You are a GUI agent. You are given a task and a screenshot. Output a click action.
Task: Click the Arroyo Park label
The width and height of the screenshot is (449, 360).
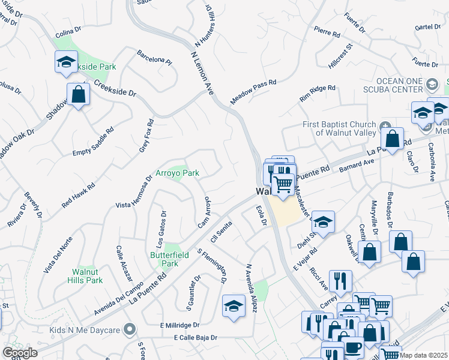tap(178, 173)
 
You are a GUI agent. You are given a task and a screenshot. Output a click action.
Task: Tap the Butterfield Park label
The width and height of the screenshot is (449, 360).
tap(164, 259)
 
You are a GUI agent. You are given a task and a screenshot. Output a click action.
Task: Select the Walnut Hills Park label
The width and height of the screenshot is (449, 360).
tap(83, 275)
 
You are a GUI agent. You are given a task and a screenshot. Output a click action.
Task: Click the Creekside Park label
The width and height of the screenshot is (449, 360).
tap(92, 67)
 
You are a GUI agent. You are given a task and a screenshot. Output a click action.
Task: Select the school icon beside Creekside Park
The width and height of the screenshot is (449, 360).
tap(66, 62)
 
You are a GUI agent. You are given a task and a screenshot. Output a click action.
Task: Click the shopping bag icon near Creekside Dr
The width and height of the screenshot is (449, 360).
tap(78, 94)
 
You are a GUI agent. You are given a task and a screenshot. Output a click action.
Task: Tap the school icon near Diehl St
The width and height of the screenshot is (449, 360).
tap(323, 222)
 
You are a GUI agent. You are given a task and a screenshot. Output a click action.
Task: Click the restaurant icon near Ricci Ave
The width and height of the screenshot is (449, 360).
tap(340, 280)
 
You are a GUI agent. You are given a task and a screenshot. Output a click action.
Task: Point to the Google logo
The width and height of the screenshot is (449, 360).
tap(20, 353)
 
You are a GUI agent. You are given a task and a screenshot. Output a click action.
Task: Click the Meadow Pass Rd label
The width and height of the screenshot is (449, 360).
tap(253, 91)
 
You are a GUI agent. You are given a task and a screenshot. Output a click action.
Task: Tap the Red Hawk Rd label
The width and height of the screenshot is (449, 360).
tap(78, 196)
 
